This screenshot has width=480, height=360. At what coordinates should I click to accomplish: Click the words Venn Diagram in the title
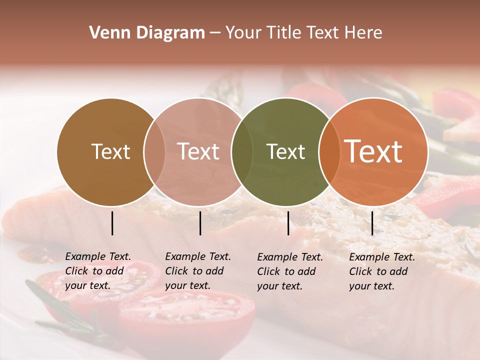[x=147, y=33]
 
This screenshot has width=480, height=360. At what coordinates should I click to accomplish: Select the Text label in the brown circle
[x=110, y=152]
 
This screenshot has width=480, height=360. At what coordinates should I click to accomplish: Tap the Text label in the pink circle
[x=198, y=152]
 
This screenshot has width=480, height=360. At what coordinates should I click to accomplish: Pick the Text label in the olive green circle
[x=285, y=152]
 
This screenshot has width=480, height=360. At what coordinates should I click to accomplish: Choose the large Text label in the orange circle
[x=373, y=151]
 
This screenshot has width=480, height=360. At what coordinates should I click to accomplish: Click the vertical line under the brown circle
[x=112, y=223]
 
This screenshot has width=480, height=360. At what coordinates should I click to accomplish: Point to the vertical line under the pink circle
[x=200, y=223]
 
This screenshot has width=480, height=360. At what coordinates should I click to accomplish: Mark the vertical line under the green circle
[x=288, y=223]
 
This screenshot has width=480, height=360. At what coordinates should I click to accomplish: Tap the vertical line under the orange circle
[x=372, y=223]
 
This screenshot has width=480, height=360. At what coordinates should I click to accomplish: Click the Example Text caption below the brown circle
[x=98, y=271]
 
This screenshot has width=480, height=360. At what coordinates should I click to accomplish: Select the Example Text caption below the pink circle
[x=198, y=271]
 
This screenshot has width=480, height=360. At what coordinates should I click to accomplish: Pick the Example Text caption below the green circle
[x=290, y=271]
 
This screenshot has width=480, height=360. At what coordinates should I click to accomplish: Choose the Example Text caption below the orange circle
[x=382, y=271]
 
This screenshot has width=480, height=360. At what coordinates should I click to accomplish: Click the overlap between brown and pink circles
[x=154, y=152]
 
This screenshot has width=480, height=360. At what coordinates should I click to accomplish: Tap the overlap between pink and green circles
[x=242, y=152]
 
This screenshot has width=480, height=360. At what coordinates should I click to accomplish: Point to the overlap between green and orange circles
[x=328, y=152]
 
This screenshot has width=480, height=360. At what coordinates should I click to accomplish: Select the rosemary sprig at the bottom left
[x=60, y=310]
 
